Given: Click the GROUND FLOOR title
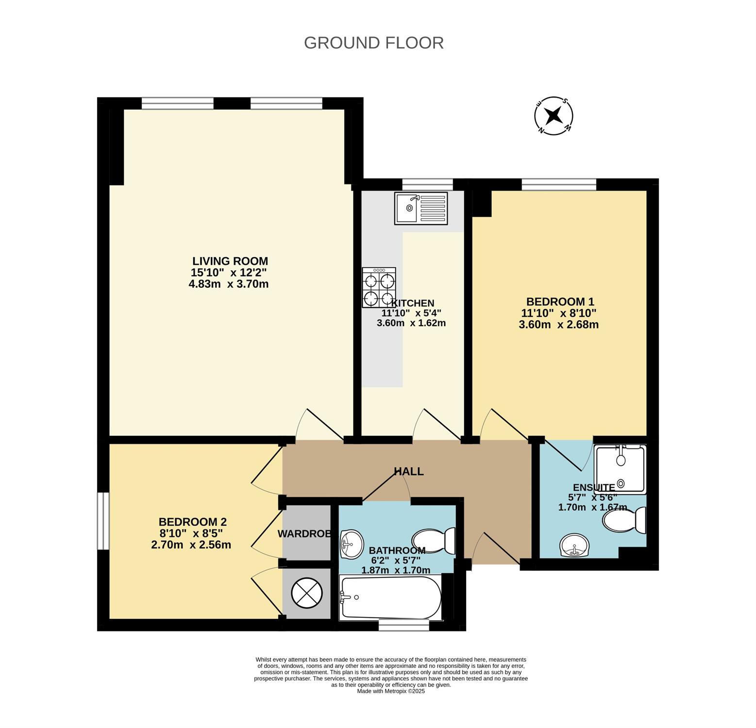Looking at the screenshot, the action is point(373,43).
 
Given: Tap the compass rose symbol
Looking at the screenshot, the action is point(554,116).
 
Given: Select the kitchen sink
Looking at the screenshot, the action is point(421,208).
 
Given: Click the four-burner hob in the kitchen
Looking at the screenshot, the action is point(379,287).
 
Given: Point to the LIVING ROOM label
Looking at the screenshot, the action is point(230,261).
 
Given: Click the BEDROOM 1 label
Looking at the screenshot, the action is point(560,301).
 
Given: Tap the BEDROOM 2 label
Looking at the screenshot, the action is point(193,522).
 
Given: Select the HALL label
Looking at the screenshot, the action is point(408,471).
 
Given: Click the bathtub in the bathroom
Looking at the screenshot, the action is point(391,597).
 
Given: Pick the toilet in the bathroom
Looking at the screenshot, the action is point(434,541).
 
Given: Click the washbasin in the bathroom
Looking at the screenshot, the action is point(352,545).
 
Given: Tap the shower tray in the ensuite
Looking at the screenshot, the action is point(621,469).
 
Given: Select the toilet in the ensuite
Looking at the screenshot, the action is point(624,520).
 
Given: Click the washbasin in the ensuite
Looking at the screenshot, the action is point(574,546).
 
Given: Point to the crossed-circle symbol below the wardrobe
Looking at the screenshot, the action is point(307,593).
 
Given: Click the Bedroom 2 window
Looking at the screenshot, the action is point(103,521).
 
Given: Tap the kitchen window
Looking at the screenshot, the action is point(428,184).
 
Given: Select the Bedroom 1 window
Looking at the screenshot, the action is point(559,184).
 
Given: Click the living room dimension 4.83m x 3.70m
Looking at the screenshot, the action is point(229,284).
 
